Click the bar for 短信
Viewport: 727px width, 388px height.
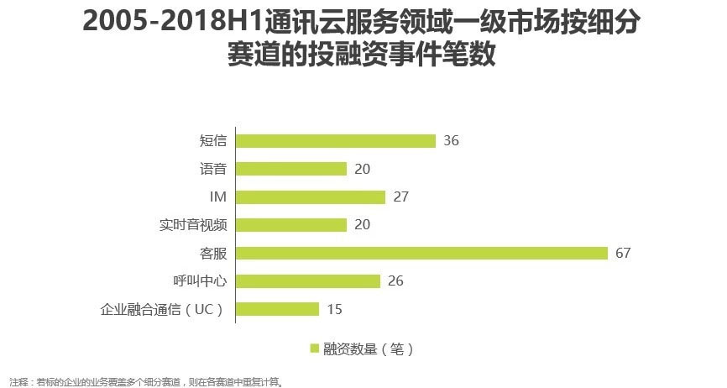336,141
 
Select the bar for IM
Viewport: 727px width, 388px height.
311,197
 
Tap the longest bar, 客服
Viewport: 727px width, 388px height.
421,253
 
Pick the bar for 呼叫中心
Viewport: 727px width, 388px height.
308,281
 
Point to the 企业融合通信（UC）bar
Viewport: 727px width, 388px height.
278,309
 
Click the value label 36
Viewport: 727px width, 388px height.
451,141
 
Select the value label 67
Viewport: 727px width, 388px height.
622,253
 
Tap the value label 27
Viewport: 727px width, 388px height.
400,197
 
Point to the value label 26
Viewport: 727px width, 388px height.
395,281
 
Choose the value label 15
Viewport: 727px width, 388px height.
334,309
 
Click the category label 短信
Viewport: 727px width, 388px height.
214,141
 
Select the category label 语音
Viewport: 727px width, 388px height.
214,169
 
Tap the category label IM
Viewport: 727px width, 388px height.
218,197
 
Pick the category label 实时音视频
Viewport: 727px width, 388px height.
194,225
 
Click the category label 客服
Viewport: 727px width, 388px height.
214,253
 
